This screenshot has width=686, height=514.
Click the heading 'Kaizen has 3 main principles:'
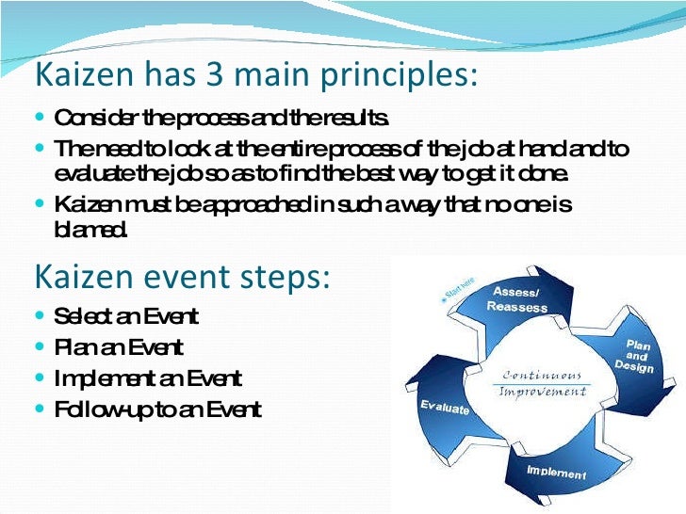pyautogui.click(x=255, y=74)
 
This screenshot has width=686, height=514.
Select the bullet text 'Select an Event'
pyautogui.click(x=126, y=316)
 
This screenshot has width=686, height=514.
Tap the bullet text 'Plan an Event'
pyautogui.click(x=119, y=347)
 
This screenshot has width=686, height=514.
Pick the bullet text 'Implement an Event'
pyautogui.click(x=148, y=378)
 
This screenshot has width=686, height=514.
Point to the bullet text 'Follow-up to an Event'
pyautogui.click(x=157, y=410)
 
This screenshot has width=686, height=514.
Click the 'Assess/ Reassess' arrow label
pyautogui.click(x=518, y=298)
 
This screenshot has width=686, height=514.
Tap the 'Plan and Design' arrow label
pyautogui.click(x=638, y=356)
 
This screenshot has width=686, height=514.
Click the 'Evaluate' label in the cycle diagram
pyautogui.click(x=444, y=407)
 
